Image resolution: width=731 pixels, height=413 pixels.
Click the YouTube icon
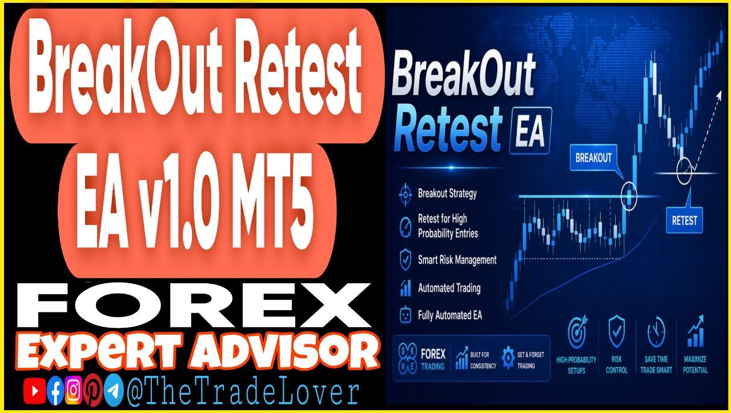pos(34,391)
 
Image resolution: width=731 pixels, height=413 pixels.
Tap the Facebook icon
pos(55,391)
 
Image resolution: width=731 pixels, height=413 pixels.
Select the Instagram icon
pos(74,390)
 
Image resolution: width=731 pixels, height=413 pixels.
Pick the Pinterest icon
pos(93,390)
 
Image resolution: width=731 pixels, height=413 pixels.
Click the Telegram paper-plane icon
pos(114,390)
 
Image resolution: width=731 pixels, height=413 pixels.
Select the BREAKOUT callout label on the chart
pos(593,158)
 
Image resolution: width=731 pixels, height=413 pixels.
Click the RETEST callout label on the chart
pos(684,220)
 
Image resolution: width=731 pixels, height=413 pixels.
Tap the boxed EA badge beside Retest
pos(530,131)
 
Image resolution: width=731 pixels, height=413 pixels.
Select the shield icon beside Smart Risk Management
pos(405,259)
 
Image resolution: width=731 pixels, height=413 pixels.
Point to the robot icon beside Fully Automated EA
pos(405,315)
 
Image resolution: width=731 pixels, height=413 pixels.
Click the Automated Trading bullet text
pos(449,288)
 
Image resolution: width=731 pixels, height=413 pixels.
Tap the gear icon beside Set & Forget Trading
pos(508,358)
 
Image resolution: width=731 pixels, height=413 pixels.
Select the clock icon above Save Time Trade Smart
pos(656,332)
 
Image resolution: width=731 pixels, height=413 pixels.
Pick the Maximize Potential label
pos(695,364)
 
